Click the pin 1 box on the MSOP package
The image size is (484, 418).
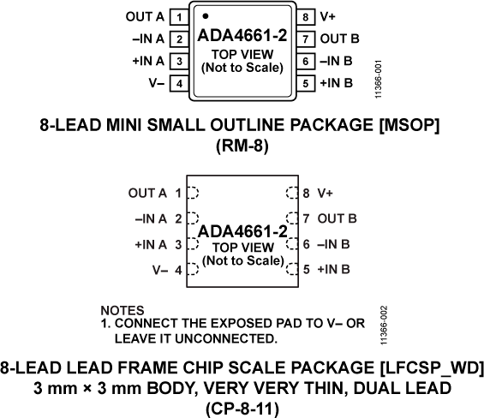pos(178,16)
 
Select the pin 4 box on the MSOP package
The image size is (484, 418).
pos(178,83)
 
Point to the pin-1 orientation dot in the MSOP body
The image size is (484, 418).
pos(206,15)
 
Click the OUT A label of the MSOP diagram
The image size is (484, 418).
pos(143,16)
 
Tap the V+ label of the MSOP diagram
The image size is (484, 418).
pos(328,16)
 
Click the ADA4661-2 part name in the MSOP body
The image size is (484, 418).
pos(242,37)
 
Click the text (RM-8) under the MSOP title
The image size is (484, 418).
pos(241,146)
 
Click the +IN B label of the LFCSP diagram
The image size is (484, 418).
pos(335,270)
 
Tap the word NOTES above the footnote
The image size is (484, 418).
pos(122,309)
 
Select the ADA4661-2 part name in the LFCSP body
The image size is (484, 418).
pos(242,232)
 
